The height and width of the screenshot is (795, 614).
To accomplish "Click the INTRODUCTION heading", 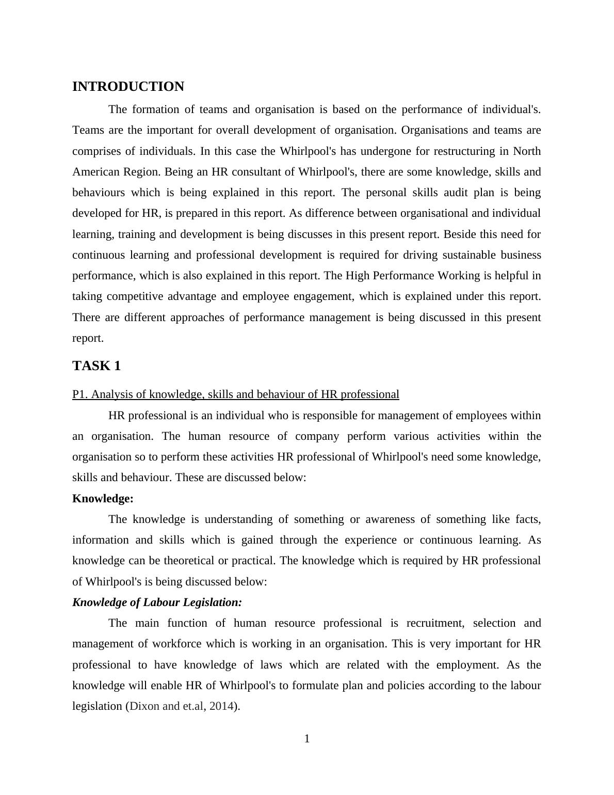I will [x=128, y=87].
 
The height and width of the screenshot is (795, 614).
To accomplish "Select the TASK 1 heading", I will [x=96, y=366].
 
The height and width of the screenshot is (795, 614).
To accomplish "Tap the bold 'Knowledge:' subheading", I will [x=103, y=499].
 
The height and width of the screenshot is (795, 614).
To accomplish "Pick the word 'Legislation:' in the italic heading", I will [x=215, y=602].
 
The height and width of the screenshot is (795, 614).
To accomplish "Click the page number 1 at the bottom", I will [x=307, y=739].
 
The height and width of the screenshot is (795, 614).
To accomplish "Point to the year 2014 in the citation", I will [x=221, y=706].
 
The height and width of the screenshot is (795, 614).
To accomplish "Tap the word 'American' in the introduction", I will [x=96, y=172].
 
